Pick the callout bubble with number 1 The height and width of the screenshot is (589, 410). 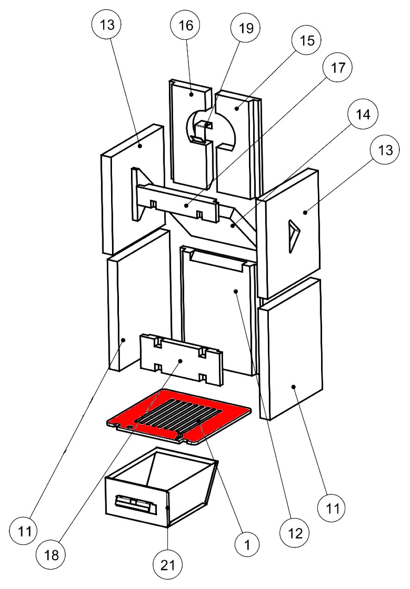pos(248,545)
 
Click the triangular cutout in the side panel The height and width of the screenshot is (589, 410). pos(293,235)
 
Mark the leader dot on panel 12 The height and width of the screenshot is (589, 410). pos(236,291)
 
